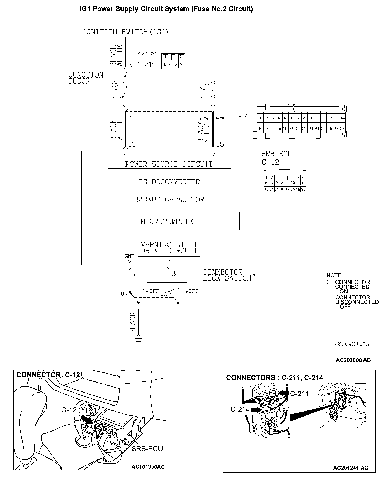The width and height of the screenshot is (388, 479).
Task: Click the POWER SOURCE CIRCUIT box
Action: click(169, 164)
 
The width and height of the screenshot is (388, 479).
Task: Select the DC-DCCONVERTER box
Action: click(169, 182)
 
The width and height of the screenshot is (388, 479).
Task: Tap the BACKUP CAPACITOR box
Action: click(169, 199)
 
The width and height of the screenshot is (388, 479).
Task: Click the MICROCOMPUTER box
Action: click(169, 221)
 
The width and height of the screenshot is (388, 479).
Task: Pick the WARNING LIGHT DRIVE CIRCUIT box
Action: click(169, 248)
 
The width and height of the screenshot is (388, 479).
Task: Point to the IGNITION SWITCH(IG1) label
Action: click(125, 32)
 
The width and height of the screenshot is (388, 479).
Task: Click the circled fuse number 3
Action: click(116, 86)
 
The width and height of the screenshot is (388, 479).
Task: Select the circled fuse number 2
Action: click(204, 86)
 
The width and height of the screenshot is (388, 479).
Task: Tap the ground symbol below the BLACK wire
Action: click(139, 341)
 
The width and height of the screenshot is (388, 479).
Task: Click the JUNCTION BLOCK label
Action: click(85, 78)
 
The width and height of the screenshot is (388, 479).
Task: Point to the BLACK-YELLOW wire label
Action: click(203, 130)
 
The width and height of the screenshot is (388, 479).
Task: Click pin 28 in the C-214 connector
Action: click(342, 129)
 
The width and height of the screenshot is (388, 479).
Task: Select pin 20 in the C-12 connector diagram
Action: click(303, 189)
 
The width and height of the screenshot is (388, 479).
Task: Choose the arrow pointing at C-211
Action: click(284, 393)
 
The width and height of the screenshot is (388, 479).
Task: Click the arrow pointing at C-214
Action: click(256, 410)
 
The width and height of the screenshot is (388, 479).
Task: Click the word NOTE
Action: click(334, 275)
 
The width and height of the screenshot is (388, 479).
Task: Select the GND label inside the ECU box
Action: click(129, 256)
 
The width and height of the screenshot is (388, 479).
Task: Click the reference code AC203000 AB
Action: click(353, 360)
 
